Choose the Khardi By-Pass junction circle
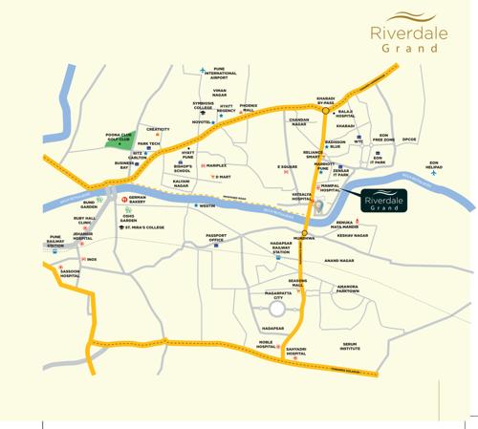coord(325,109)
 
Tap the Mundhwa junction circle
coord(305,232)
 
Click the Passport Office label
coord(221,238)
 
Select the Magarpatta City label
coord(277,296)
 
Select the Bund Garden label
coord(89,204)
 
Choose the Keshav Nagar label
coord(353,235)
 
